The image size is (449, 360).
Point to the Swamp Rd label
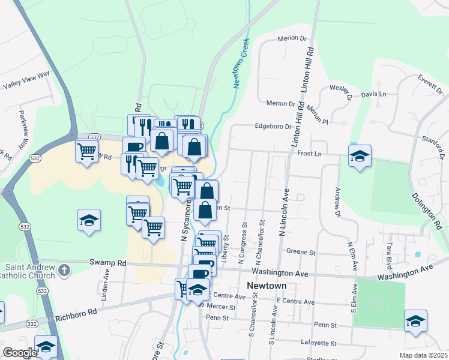pyautogui.click(x=108, y=263)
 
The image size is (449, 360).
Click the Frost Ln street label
pyautogui.click(x=310, y=154)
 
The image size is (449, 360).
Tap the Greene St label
pyautogui.click(x=301, y=252)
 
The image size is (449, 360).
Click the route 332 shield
pyautogui.click(x=31, y=324)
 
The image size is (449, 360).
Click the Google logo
pyautogui.click(x=20, y=353)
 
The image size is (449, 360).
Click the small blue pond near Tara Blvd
pyautogui.click(x=418, y=254)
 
